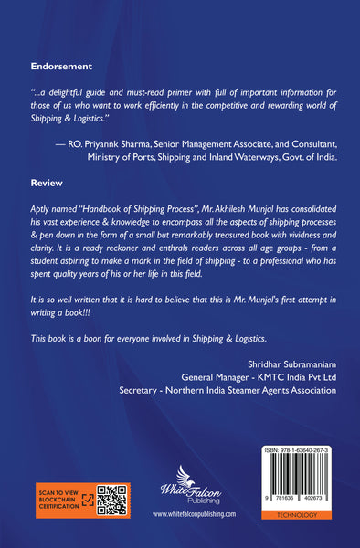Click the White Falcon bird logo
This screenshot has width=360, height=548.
[191, 480]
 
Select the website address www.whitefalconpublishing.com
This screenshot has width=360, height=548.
[194, 515]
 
